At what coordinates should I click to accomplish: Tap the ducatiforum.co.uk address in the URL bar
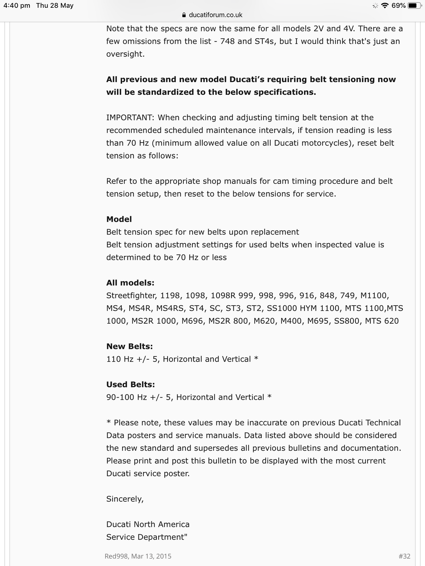coord(215,15)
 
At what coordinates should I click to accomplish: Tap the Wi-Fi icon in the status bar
coord(385,6)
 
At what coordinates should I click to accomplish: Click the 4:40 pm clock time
coord(17,6)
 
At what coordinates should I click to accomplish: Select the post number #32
coord(404,556)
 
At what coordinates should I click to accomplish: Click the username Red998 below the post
coord(117,556)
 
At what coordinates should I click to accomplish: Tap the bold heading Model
coord(119,219)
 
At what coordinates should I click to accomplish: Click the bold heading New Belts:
coord(130,347)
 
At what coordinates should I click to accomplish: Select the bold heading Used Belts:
coord(131,385)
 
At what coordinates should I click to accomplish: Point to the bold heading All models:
coord(130,283)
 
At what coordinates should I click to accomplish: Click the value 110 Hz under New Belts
coord(120,359)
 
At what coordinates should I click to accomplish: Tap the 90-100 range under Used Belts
coord(120,398)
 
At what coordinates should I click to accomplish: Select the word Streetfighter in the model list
coord(131,296)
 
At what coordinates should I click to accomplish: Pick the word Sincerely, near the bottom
coord(125,499)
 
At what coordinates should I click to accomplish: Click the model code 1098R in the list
coord(223,296)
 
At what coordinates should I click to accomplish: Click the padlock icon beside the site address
coord(183,15)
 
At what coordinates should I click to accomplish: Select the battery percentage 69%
coord(398,6)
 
